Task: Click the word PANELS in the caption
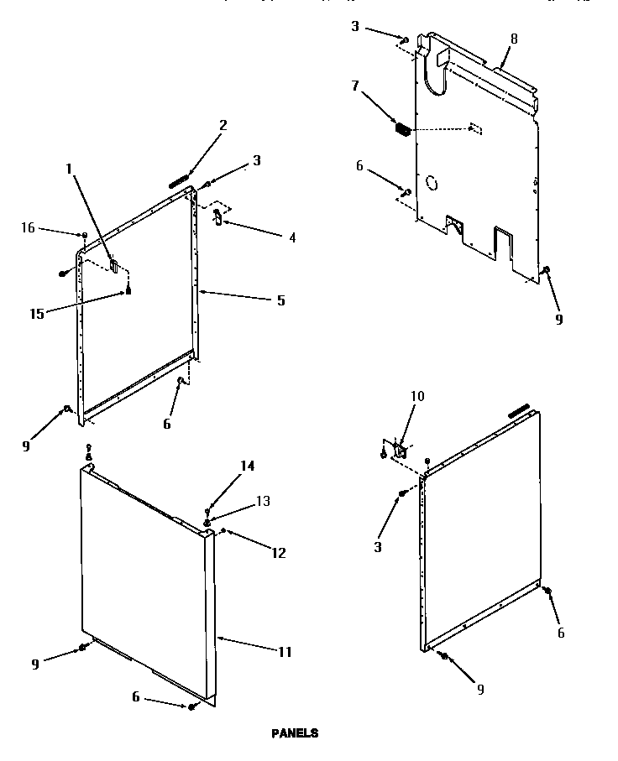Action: coord(295,732)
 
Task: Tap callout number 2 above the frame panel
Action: coord(223,126)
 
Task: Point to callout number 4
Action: coord(291,237)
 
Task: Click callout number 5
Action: coord(280,300)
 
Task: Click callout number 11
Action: coord(286,651)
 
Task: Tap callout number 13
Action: coord(263,501)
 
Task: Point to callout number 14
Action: coord(248,466)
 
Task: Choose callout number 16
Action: coord(28,227)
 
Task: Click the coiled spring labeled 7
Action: coord(402,130)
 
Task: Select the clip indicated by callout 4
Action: coord(217,217)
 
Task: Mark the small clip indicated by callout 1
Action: coord(113,266)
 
